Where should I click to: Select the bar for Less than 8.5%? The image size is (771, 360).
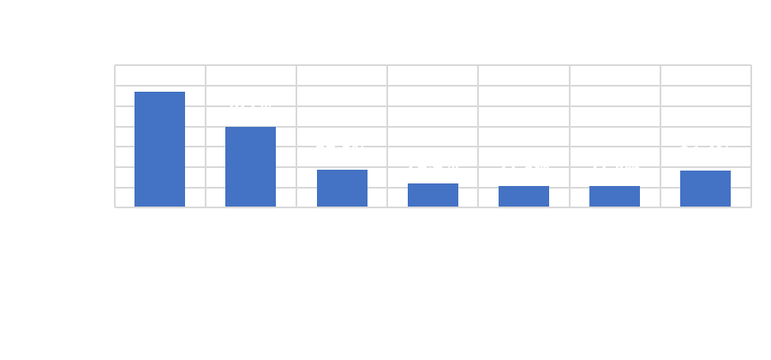(160, 150)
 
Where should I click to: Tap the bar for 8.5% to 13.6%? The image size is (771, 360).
(251, 167)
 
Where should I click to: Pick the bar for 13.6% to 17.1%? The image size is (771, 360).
(342, 189)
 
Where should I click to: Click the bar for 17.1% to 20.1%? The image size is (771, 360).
(433, 195)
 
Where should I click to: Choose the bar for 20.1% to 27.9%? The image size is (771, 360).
(523, 197)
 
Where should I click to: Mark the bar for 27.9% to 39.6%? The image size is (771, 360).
(614, 197)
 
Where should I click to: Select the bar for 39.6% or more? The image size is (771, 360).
(705, 189)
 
